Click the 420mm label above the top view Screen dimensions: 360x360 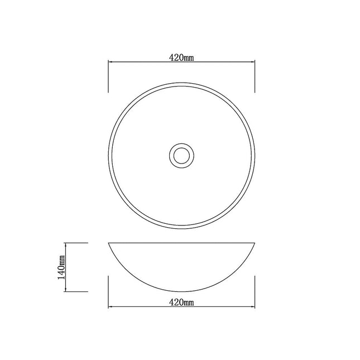click(181, 57)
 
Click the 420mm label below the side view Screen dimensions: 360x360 click(181, 303)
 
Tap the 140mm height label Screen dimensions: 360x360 click(62, 267)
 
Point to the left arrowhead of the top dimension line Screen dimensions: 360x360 click(109, 62)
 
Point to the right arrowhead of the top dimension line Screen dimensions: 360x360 click(253, 62)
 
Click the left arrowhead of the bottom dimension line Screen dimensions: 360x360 click(109, 307)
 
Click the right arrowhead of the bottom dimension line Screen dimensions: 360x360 click(253, 307)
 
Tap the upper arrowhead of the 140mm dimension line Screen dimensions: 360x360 click(66, 245)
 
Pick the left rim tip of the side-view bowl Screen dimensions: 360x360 click(108, 244)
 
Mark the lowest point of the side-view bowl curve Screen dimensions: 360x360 click(181, 292)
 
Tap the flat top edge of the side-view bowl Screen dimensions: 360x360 click(181, 243)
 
